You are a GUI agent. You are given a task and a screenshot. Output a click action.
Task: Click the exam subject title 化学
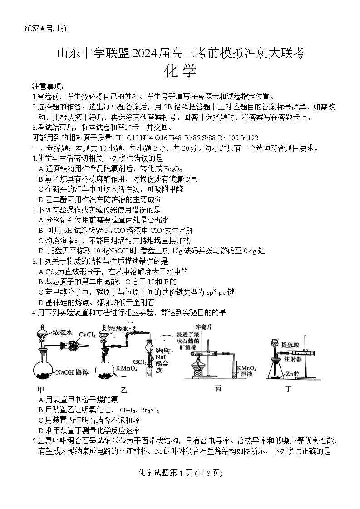(180, 72)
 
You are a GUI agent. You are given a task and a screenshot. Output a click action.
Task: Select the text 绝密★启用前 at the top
(45, 29)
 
